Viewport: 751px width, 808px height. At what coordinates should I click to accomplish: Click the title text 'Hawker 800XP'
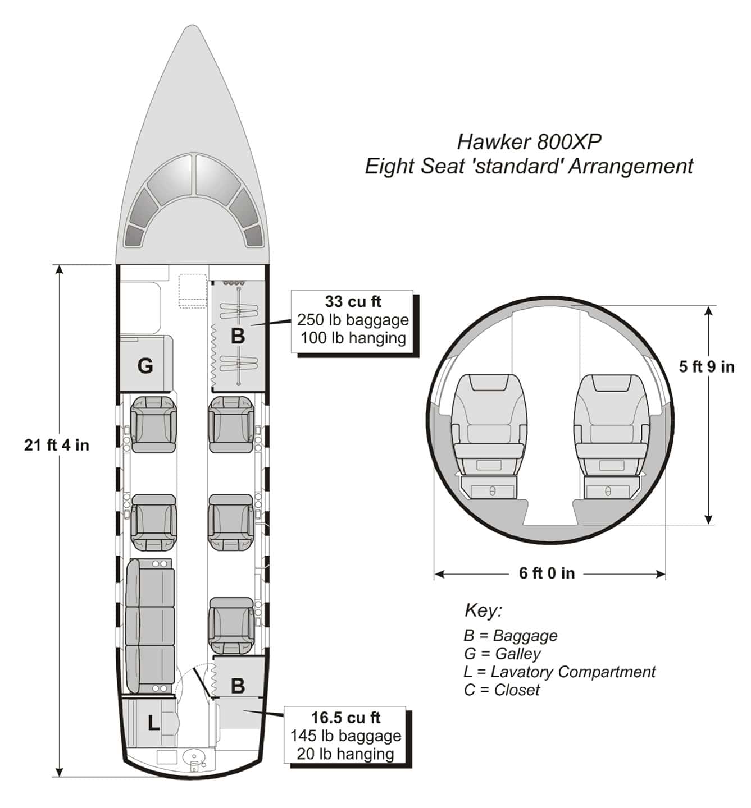click(x=529, y=141)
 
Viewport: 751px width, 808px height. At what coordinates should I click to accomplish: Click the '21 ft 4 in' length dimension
click(x=57, y=445)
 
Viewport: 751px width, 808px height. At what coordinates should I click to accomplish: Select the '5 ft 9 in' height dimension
click(x=707, y=366)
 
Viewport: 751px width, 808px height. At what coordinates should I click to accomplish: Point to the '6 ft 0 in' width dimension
click(x=547, y=573)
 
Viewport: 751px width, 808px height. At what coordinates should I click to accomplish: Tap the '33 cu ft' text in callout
click(x=353, y=302)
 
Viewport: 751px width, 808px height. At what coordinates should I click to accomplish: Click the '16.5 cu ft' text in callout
click(x=345, y=718)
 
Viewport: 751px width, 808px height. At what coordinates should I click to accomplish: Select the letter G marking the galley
click(x=145, y=366)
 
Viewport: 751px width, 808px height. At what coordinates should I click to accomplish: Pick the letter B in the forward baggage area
click(x=238, y=336)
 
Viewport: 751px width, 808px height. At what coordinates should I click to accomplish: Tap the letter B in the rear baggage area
click(x=238, y=685)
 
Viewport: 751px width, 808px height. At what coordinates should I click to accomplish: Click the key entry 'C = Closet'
click(x=502, y=690)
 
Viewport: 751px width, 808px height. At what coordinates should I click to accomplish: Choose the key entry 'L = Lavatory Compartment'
click(x=559, y=672)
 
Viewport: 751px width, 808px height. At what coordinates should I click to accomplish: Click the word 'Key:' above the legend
click(x=483, y=610)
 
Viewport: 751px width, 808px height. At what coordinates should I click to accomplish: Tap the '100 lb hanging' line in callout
click(x=353, y=338)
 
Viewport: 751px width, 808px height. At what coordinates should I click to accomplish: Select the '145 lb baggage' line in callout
click(x=345, y=736)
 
